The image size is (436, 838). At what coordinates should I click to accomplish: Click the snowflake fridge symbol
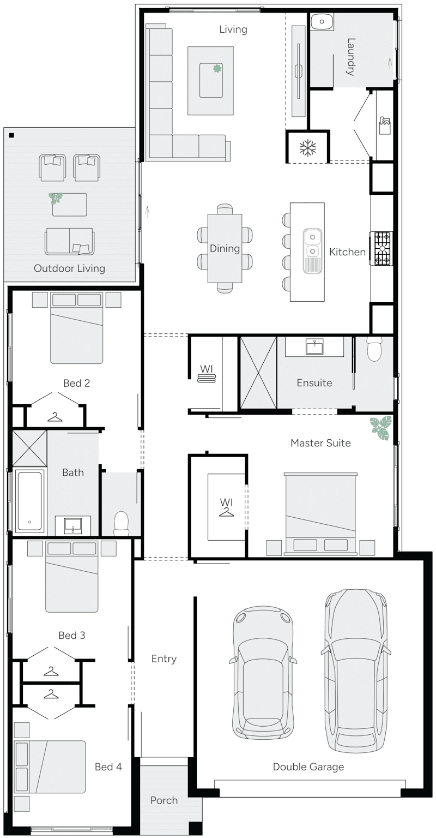click(x=308, y=147)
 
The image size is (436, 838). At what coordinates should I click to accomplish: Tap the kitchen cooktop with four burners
click(x=382, y=248)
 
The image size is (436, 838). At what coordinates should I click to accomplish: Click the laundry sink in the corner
click(x=323, y=22)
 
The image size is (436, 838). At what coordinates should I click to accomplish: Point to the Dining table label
click(x=225, y=249)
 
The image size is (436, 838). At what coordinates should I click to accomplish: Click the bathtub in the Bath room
click(x=29, y=500)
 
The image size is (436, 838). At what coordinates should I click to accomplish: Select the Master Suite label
click(x=320, y=443)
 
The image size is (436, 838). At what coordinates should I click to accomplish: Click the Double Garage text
click(x=308, y=767)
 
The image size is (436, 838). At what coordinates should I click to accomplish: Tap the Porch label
click(x=164, y=800)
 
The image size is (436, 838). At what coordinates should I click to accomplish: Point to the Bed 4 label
click(x=108, y=767)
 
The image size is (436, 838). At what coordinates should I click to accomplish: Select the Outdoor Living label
click(x=69, y=268)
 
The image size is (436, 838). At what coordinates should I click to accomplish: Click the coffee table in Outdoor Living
click(x=69, y=205)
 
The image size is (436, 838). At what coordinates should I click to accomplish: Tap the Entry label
click(x=164, y=659)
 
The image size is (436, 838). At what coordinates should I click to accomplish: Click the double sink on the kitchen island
click(x=313, y=244)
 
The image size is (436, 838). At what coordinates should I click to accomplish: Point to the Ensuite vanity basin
click(x=313, y=346)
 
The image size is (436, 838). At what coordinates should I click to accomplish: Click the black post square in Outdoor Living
click(x=12, y=135)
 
